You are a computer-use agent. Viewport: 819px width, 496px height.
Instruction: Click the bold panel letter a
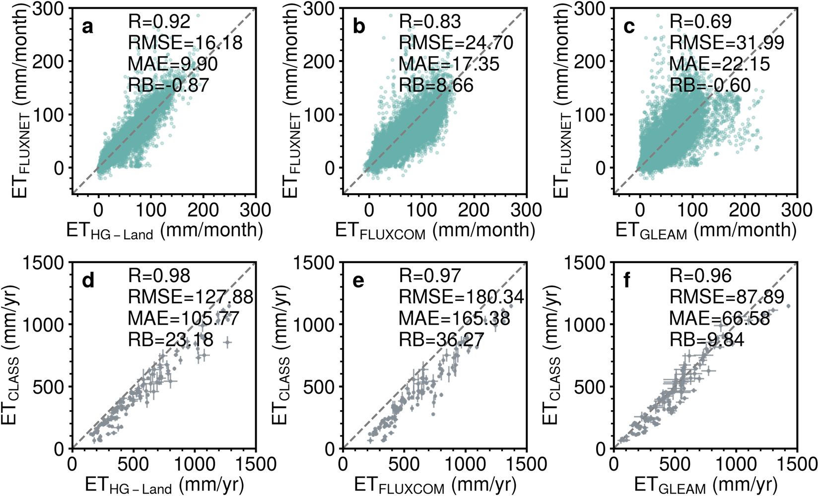(x=88, y=27)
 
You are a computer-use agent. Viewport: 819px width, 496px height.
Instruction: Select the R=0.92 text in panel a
(x=159, y=21)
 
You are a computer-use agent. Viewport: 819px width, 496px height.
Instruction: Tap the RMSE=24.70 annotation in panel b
(x=456, y=43)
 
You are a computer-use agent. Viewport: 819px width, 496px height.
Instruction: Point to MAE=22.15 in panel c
(x=719, y=64)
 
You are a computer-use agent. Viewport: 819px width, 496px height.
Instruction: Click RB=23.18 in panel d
(x=170, y=340)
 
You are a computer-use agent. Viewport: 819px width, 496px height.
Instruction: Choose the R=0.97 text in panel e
(x=430, y=276)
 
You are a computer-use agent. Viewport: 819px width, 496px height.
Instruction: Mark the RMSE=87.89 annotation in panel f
(x=727, y=297)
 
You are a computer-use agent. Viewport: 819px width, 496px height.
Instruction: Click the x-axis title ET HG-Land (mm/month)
(x=164, y=230)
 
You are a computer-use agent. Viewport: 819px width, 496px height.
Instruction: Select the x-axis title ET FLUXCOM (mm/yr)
(x=435, y=485)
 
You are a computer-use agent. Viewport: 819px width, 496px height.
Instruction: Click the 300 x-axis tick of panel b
(x=526, y=210)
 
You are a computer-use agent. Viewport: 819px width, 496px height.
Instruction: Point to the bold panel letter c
(x=629, y=27)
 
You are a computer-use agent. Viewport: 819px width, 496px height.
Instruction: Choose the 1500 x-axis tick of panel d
(x=256, y=464)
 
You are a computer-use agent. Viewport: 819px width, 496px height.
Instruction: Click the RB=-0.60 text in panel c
(x=710, y=85)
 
